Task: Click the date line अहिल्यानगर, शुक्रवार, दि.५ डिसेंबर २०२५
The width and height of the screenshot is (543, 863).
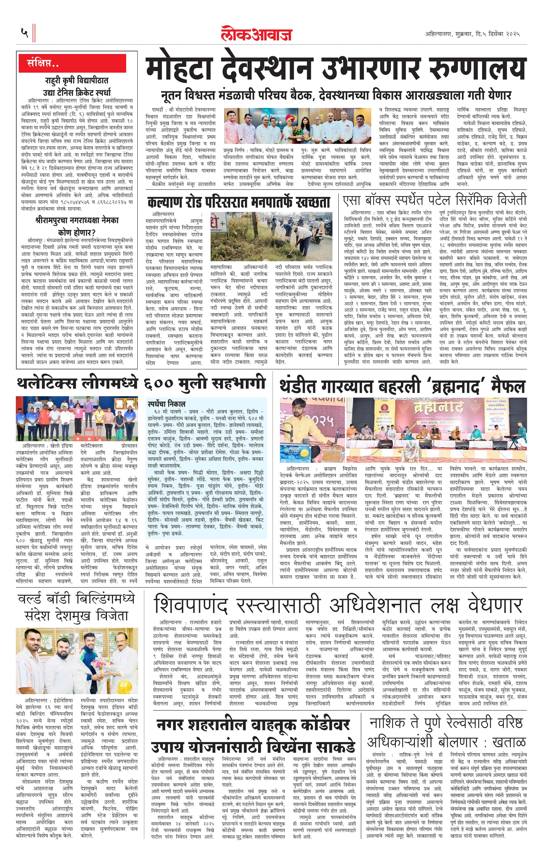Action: (x=472, y=34)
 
